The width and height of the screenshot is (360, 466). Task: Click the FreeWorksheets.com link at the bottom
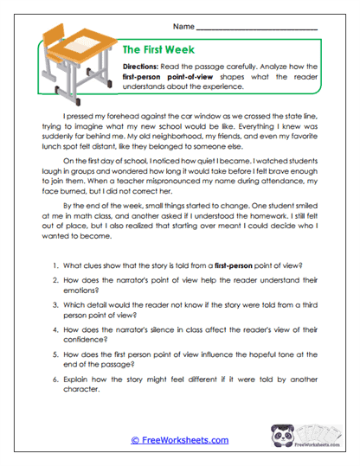tap(179, 440)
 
